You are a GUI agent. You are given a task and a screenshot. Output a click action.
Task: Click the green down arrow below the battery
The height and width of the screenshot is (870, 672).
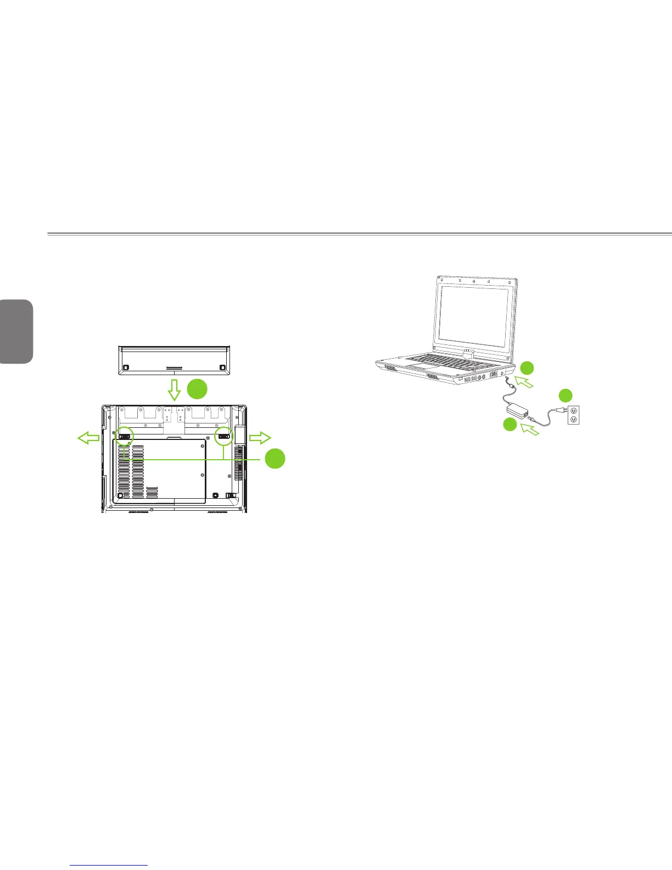coord(174,389)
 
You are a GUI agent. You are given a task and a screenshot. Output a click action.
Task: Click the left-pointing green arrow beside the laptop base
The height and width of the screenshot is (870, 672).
coord(88,438)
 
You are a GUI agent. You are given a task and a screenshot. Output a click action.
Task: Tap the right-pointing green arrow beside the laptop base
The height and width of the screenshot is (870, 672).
coord(260,438)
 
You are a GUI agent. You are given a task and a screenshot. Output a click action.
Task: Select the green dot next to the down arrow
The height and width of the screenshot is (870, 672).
coord(198,389)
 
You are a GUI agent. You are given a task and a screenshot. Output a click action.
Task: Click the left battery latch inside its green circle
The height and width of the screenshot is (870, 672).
coord(125,437)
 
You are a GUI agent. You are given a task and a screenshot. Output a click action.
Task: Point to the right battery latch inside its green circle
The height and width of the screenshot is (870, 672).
coord(225,437)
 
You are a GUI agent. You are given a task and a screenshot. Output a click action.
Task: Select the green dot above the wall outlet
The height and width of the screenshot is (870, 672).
coord(565,395)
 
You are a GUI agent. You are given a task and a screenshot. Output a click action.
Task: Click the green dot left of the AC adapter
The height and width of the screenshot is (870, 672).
coord(510,424)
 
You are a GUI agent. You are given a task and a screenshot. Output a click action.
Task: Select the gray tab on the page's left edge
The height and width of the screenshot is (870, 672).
coord(16,331)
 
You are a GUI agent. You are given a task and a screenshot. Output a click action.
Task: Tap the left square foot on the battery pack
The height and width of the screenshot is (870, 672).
coord(126,366)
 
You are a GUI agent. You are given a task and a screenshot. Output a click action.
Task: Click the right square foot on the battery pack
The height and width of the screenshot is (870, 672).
coord(222,366)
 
